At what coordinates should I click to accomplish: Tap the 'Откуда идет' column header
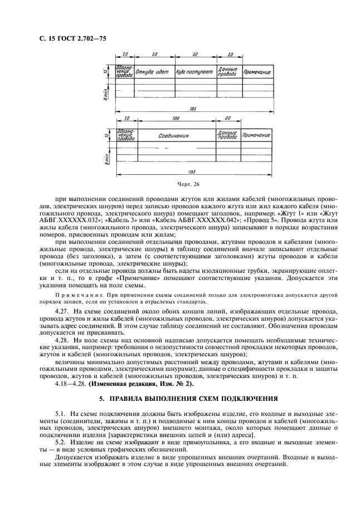pyautogui.click(x=154, y=72)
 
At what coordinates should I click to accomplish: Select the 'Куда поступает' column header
pyautogui.click(x=194, y=72)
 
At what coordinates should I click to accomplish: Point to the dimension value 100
pyautogui.click(x=176, y=118)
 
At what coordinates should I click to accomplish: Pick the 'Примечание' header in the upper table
pyautogui.click(x=256, y=72)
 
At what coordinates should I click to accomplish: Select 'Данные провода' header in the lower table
pyautogui.click(x=228, y=135)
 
